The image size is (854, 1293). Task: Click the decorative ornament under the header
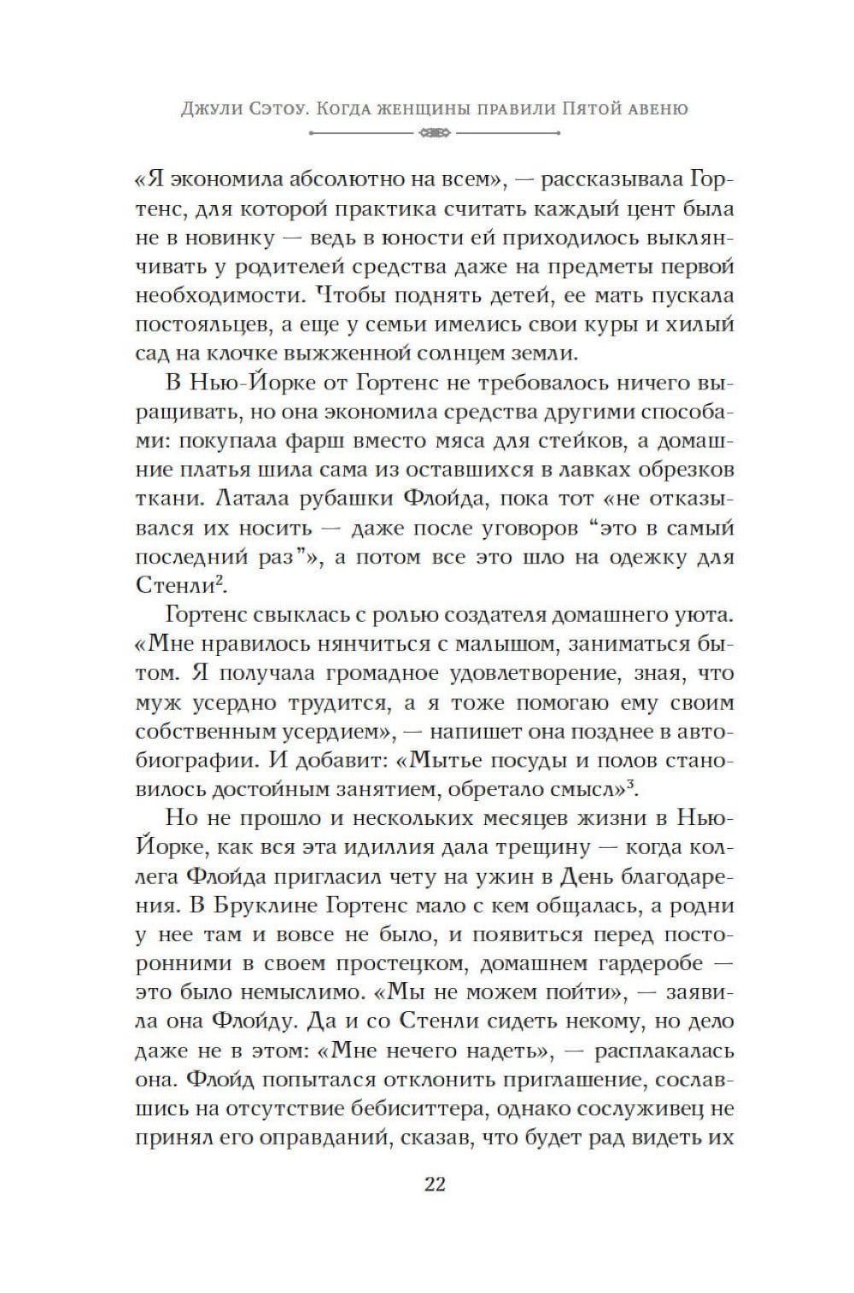pyautogui.click(x=435, y=133)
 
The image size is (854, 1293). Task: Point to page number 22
pyautogui.click(x=435, y=1185)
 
